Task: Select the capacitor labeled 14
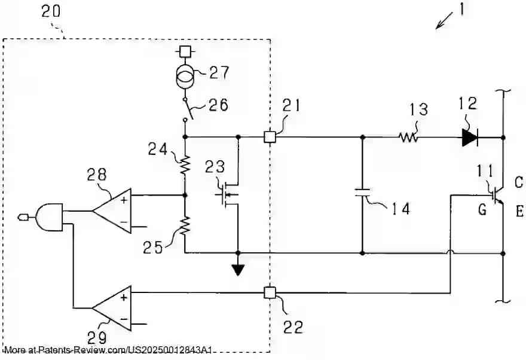362,192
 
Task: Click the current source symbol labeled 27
185,77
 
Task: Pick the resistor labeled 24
185,164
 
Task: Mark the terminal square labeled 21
270,138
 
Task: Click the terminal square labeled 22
270,293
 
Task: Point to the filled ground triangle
238,270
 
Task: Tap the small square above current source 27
185,52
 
